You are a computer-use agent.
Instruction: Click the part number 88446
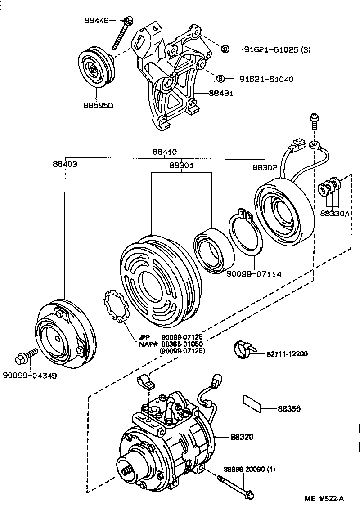point(97,20)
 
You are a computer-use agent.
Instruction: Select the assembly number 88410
point(164,152)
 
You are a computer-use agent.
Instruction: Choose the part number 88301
point(181,166)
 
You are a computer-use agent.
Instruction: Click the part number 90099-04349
point(30,376)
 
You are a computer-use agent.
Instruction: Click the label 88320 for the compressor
point(243,437)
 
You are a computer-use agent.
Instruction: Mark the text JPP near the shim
point(144,337)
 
